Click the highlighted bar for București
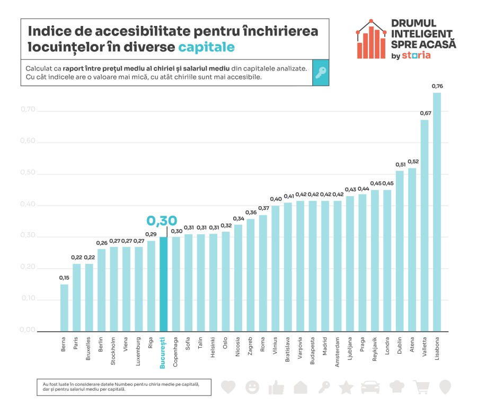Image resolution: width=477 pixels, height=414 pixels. coord(163,285)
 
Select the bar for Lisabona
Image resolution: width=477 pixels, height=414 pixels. coord(437,212)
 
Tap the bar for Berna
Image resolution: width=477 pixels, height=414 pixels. coord(64,307)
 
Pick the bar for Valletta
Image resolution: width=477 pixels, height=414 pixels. coord(425,225)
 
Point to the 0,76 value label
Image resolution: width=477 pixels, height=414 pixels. coord(437,86)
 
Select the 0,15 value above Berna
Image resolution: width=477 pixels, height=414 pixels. coord(64,277)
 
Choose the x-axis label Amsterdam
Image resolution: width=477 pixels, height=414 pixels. coord(337,350)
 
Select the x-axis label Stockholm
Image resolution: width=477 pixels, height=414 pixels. coord(113,350)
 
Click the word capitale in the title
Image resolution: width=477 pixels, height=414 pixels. coord(206,47)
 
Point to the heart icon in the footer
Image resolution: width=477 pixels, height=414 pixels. coord(228,387)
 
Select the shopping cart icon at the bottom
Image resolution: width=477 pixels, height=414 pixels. coord(421,387)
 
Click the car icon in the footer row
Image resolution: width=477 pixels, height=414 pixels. coord(370,387)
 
